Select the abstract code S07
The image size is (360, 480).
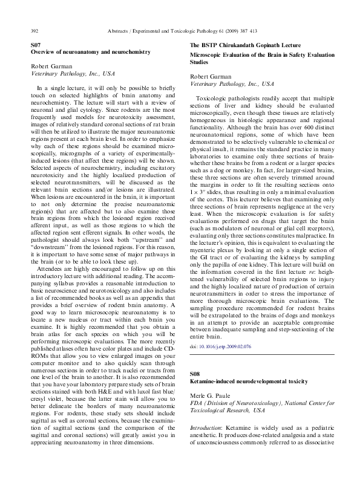(x=36, y=46)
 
